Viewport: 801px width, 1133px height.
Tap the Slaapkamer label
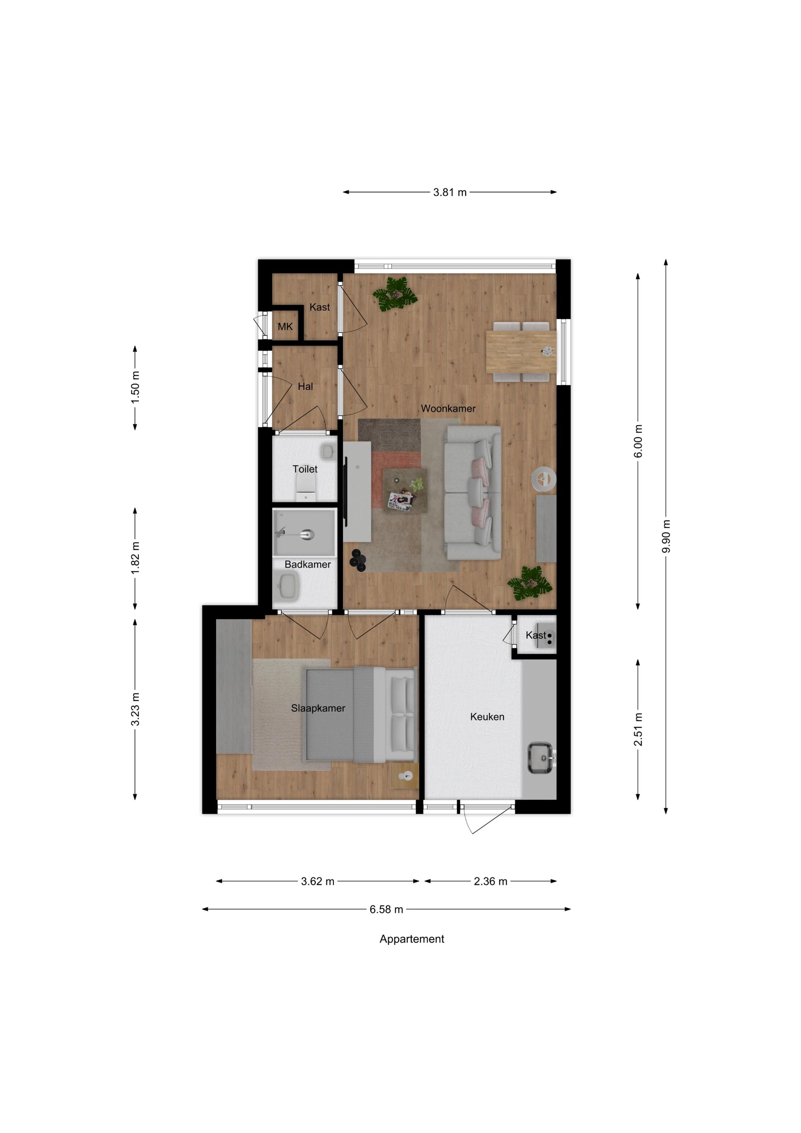[318, 708]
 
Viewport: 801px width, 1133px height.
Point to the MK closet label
[285, 327]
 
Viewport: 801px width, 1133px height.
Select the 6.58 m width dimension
[386, 909]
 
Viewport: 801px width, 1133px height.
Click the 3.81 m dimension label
[450, 193]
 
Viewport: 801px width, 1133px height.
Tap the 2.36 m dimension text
[491, 881]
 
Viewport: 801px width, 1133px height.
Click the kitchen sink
[542, 758]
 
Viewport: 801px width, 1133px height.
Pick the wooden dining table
[521, 351]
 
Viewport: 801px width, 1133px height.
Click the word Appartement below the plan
[412, 939]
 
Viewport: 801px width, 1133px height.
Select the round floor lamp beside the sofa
[543, 478]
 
